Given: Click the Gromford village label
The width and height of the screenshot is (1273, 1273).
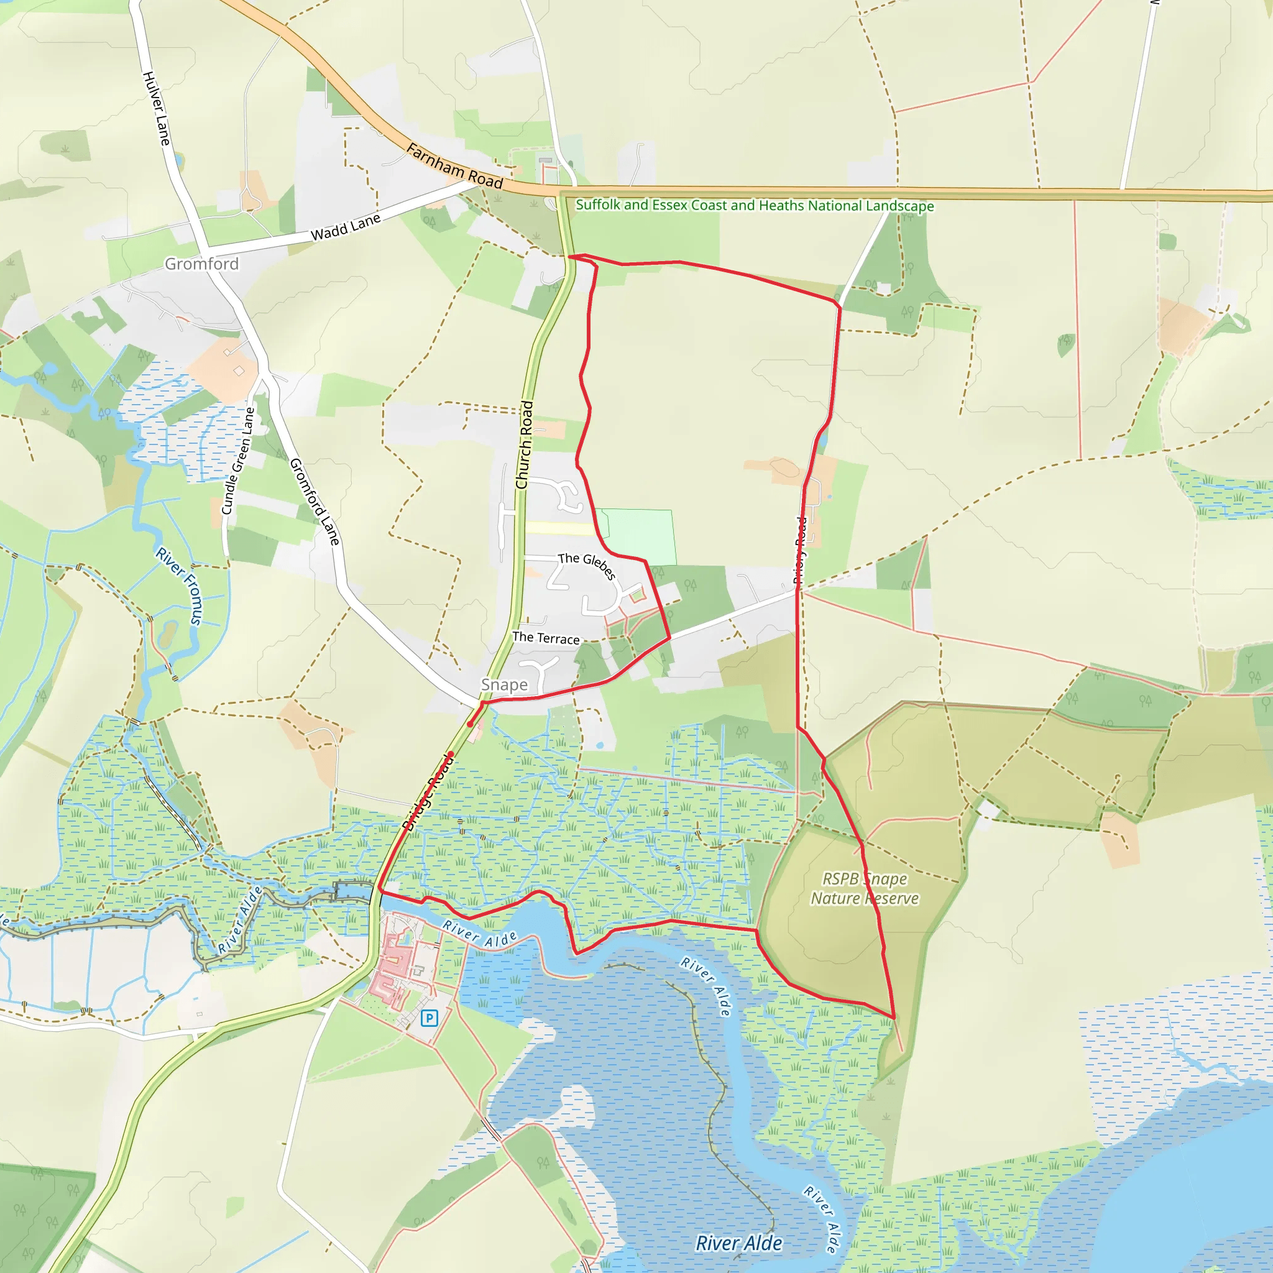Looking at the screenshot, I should click(201, 264).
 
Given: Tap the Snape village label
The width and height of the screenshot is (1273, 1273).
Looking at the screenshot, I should click(504, 684).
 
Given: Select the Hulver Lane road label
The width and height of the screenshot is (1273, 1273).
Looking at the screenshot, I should click(157, 109).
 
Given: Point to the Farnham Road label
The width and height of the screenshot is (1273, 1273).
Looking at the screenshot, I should click(454, 166).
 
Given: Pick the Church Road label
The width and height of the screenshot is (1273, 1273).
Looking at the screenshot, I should click(525, 445).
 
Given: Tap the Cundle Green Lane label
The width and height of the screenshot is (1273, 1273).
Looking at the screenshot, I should click(238, 461).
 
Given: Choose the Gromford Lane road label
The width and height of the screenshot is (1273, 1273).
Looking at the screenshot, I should click(315, 502).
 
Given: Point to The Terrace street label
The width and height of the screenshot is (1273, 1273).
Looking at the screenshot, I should click(546, 638).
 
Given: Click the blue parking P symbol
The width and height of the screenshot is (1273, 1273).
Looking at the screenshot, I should click(429, 1018).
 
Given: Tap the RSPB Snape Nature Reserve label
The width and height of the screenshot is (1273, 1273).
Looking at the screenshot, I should click(864, 888).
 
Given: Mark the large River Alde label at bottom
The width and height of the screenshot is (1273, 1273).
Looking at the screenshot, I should click(738, 1243).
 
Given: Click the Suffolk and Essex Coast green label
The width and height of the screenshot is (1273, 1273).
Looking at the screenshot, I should click(755, 205).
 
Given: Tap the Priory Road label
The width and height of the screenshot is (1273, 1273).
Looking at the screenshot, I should click(800, 551).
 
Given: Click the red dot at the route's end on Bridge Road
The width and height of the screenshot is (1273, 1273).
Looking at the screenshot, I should click(451, 754).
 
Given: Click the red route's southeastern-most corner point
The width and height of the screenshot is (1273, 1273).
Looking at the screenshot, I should click(893, 1018).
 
